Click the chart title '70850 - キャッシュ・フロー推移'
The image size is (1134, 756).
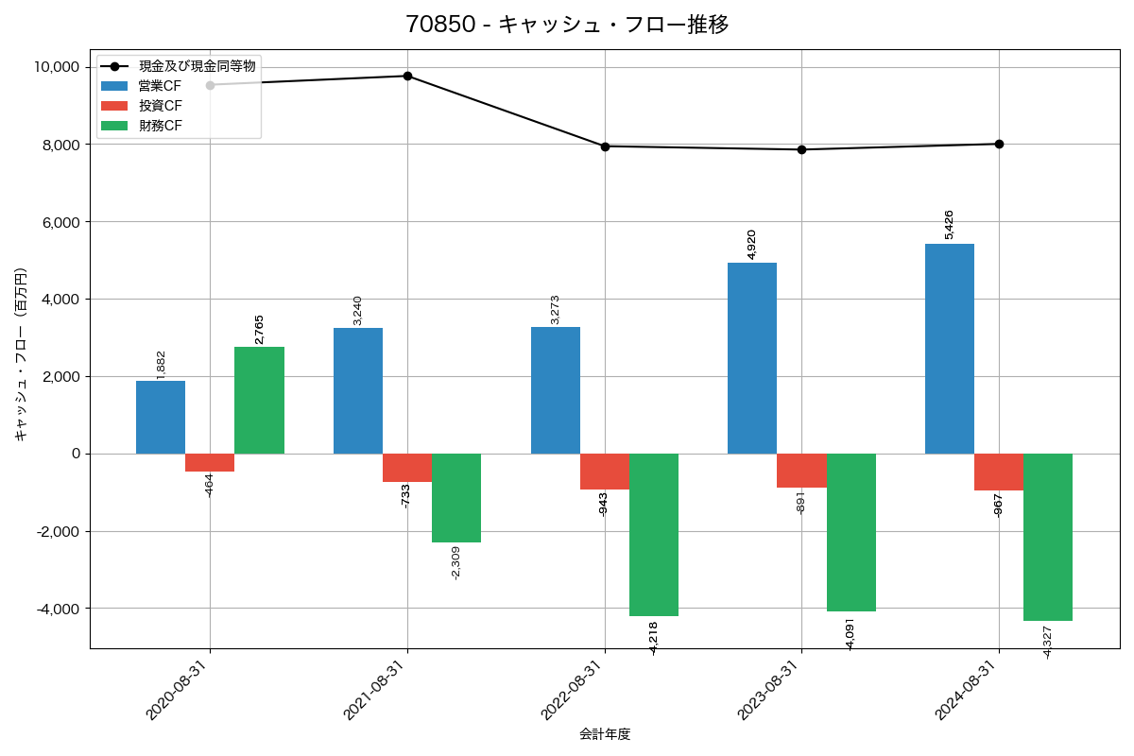(x=567, y=25)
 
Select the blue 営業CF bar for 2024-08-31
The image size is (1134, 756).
(x=950, y=349)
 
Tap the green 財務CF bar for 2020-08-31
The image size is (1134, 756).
(x=259, y=400)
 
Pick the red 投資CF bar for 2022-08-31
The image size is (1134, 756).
(x=604, y=472)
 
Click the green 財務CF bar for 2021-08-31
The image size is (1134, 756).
(x=456, y=498)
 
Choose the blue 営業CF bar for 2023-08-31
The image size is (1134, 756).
(x=752, y=358)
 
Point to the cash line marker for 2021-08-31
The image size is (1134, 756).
(x=407, y=76)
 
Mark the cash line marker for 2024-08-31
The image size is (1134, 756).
(x=999, y=144)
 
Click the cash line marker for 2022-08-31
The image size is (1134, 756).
(x=605, y=146)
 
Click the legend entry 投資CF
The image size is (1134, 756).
(x=160, y=106)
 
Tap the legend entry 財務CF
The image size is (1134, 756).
(x=160, y=126)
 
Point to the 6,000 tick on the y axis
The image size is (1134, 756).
(x=58, y=222)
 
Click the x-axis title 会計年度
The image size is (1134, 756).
(x=605, y=734)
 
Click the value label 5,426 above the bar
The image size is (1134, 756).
(x=949, y=225)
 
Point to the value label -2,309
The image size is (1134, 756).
(x=456, y=562)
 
